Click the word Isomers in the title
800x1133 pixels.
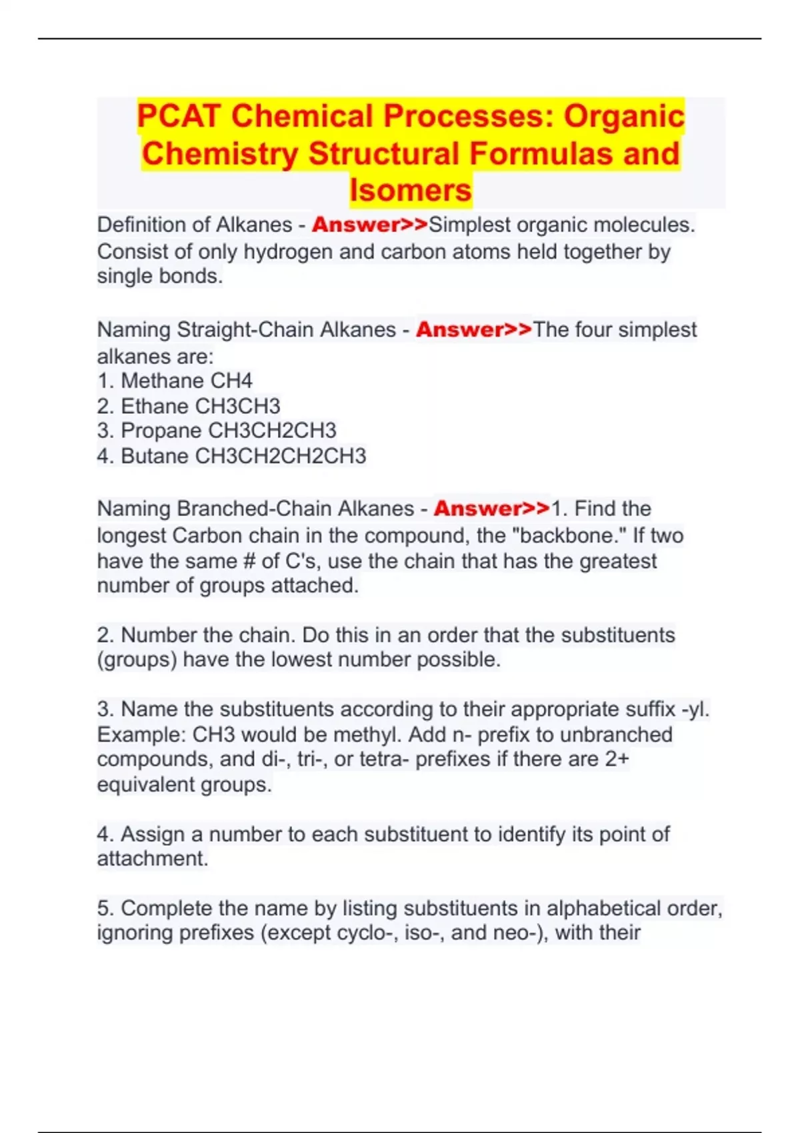(x=411, y=191)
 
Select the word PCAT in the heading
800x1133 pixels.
(x=179, y=116)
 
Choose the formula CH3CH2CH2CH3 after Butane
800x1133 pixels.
(x=281, y=456)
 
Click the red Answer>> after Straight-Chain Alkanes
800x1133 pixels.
(x=474, y=329)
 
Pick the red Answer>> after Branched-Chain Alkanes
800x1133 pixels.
(x=492, y=509)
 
